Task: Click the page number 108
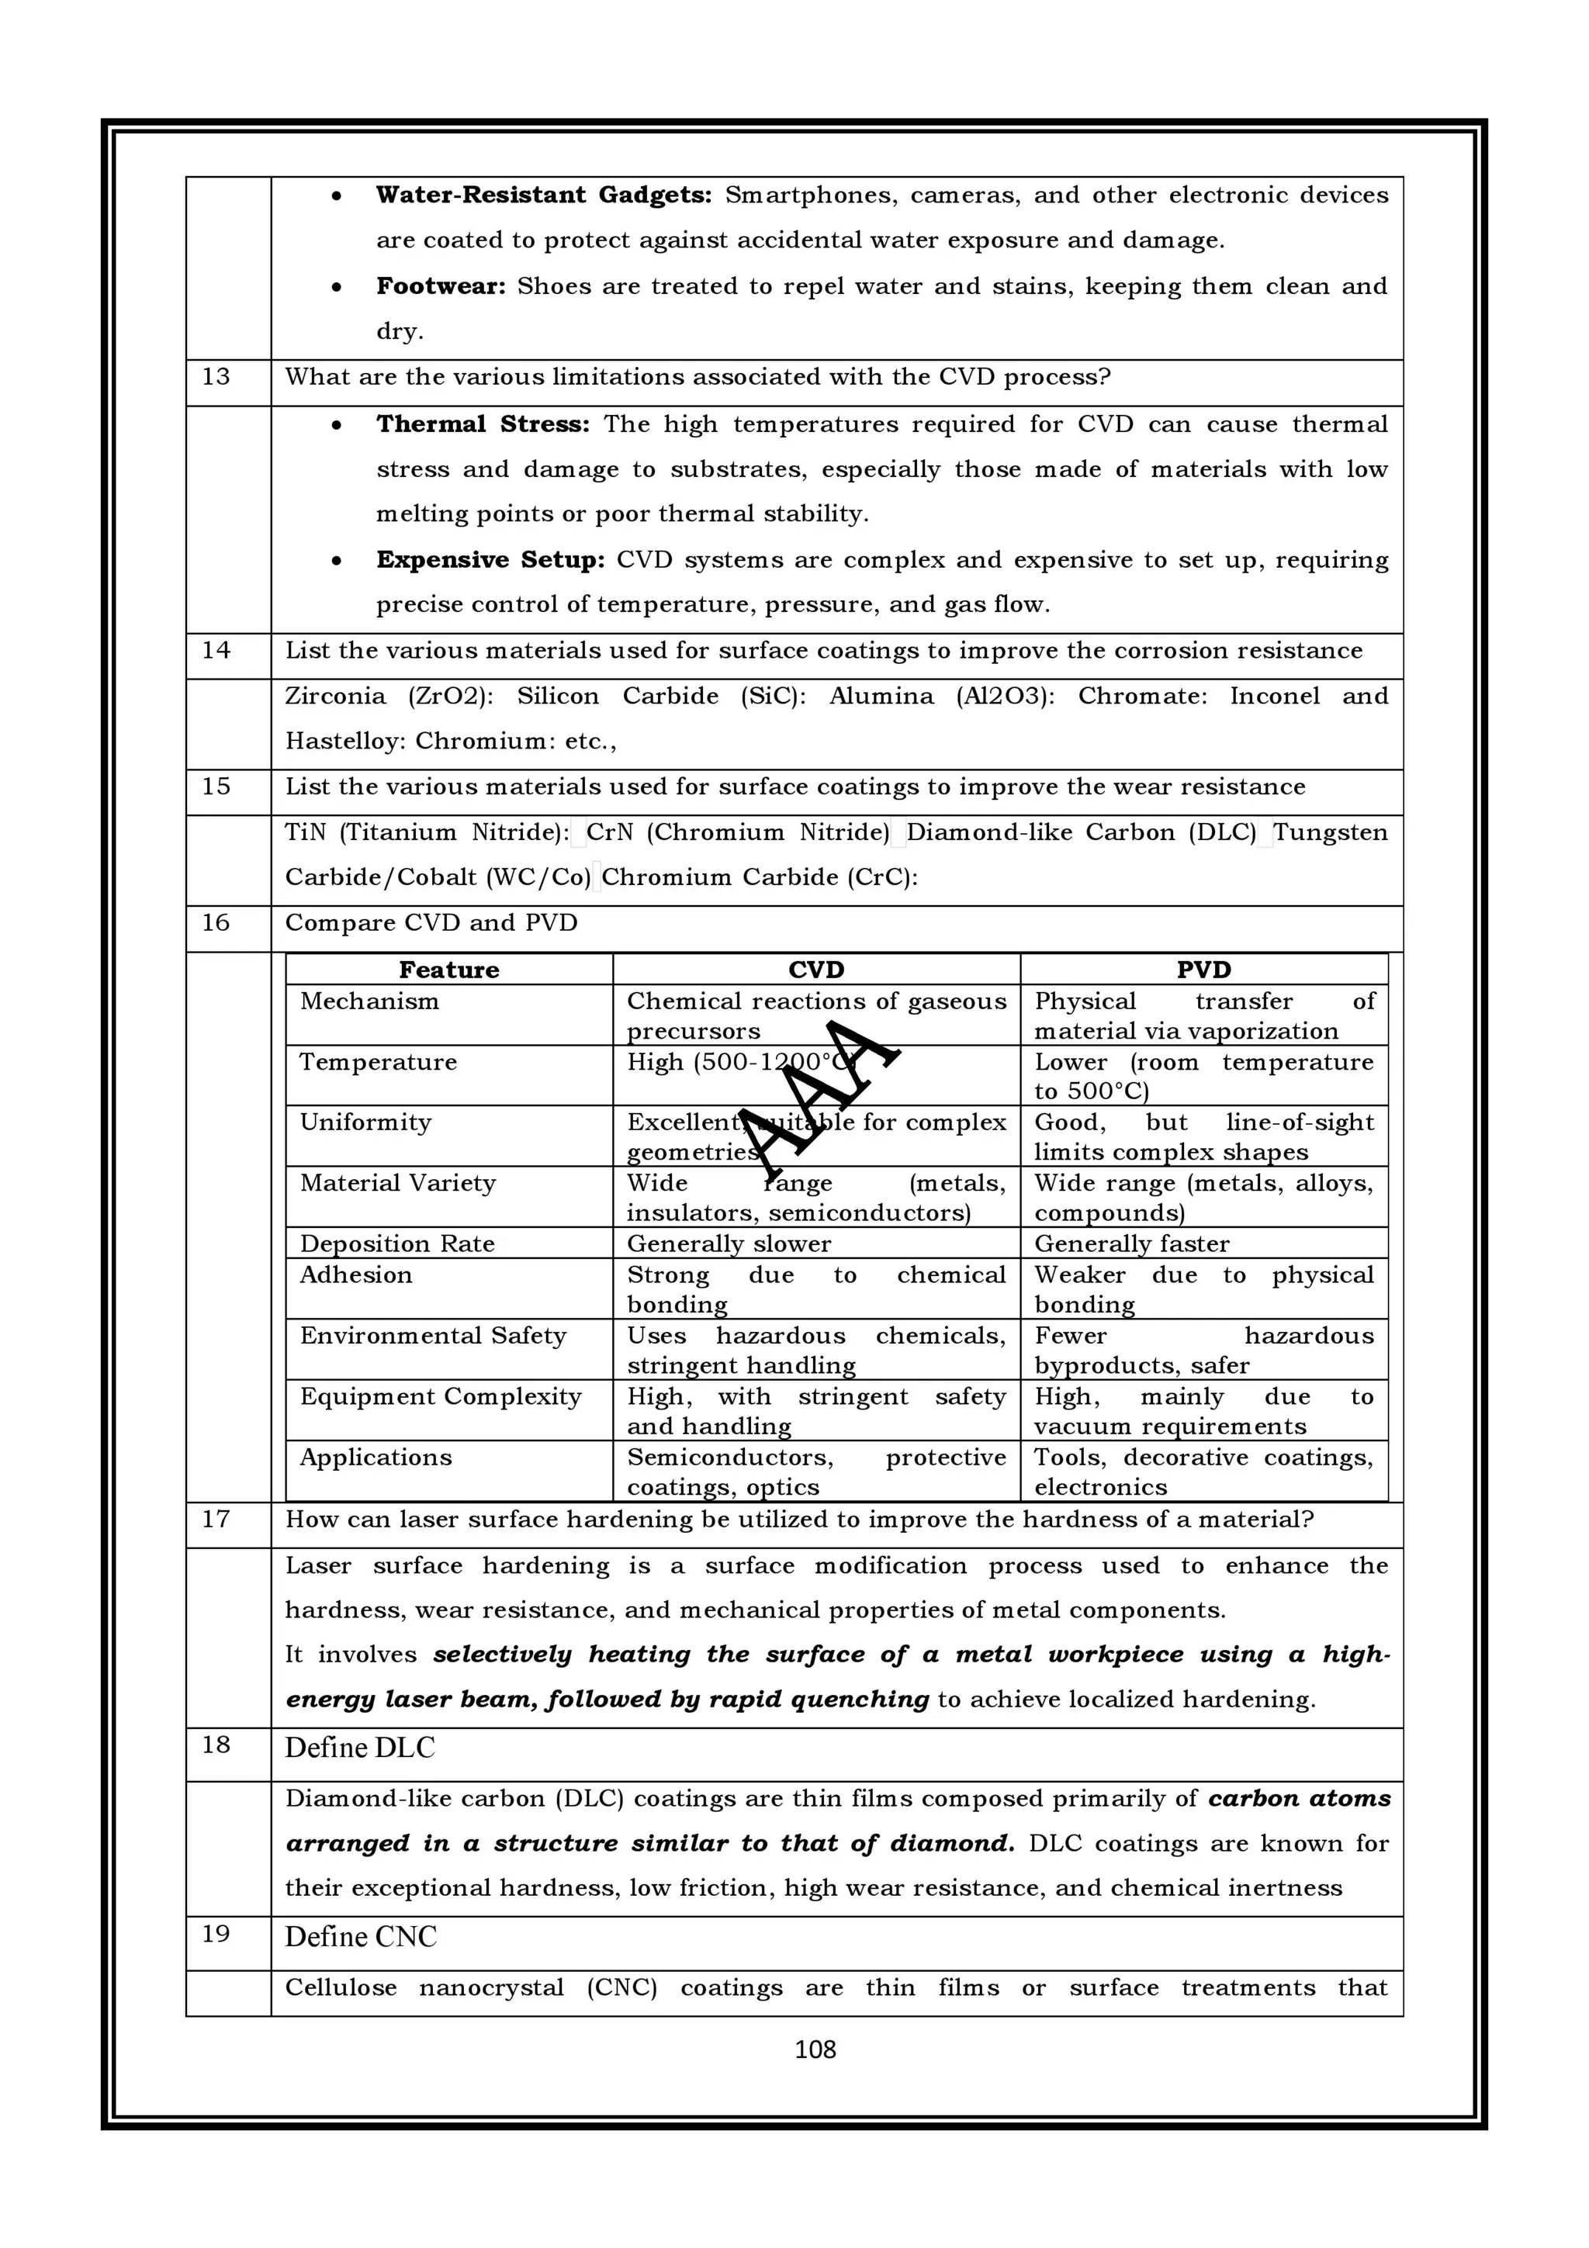pos(815,2049)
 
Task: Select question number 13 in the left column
pos(216,377)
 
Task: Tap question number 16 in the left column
pos(216,923)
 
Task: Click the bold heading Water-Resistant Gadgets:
pos(543,195)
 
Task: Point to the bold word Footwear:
pos(441,286)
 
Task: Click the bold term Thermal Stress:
pos(483,424)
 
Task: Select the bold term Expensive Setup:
pos(490,560)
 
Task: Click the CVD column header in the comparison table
pos(815,970)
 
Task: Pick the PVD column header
pos(1203,970)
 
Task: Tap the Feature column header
pos(448,970)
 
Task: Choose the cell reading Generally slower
pos(729,1243)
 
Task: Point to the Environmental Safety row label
pos(433,1336)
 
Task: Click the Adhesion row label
pos(355,1274)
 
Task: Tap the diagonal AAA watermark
pos(818,1097)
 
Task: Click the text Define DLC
pos(359,1748)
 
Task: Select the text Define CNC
pos(360,1937)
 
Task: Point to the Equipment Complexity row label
pos(441,1396)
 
